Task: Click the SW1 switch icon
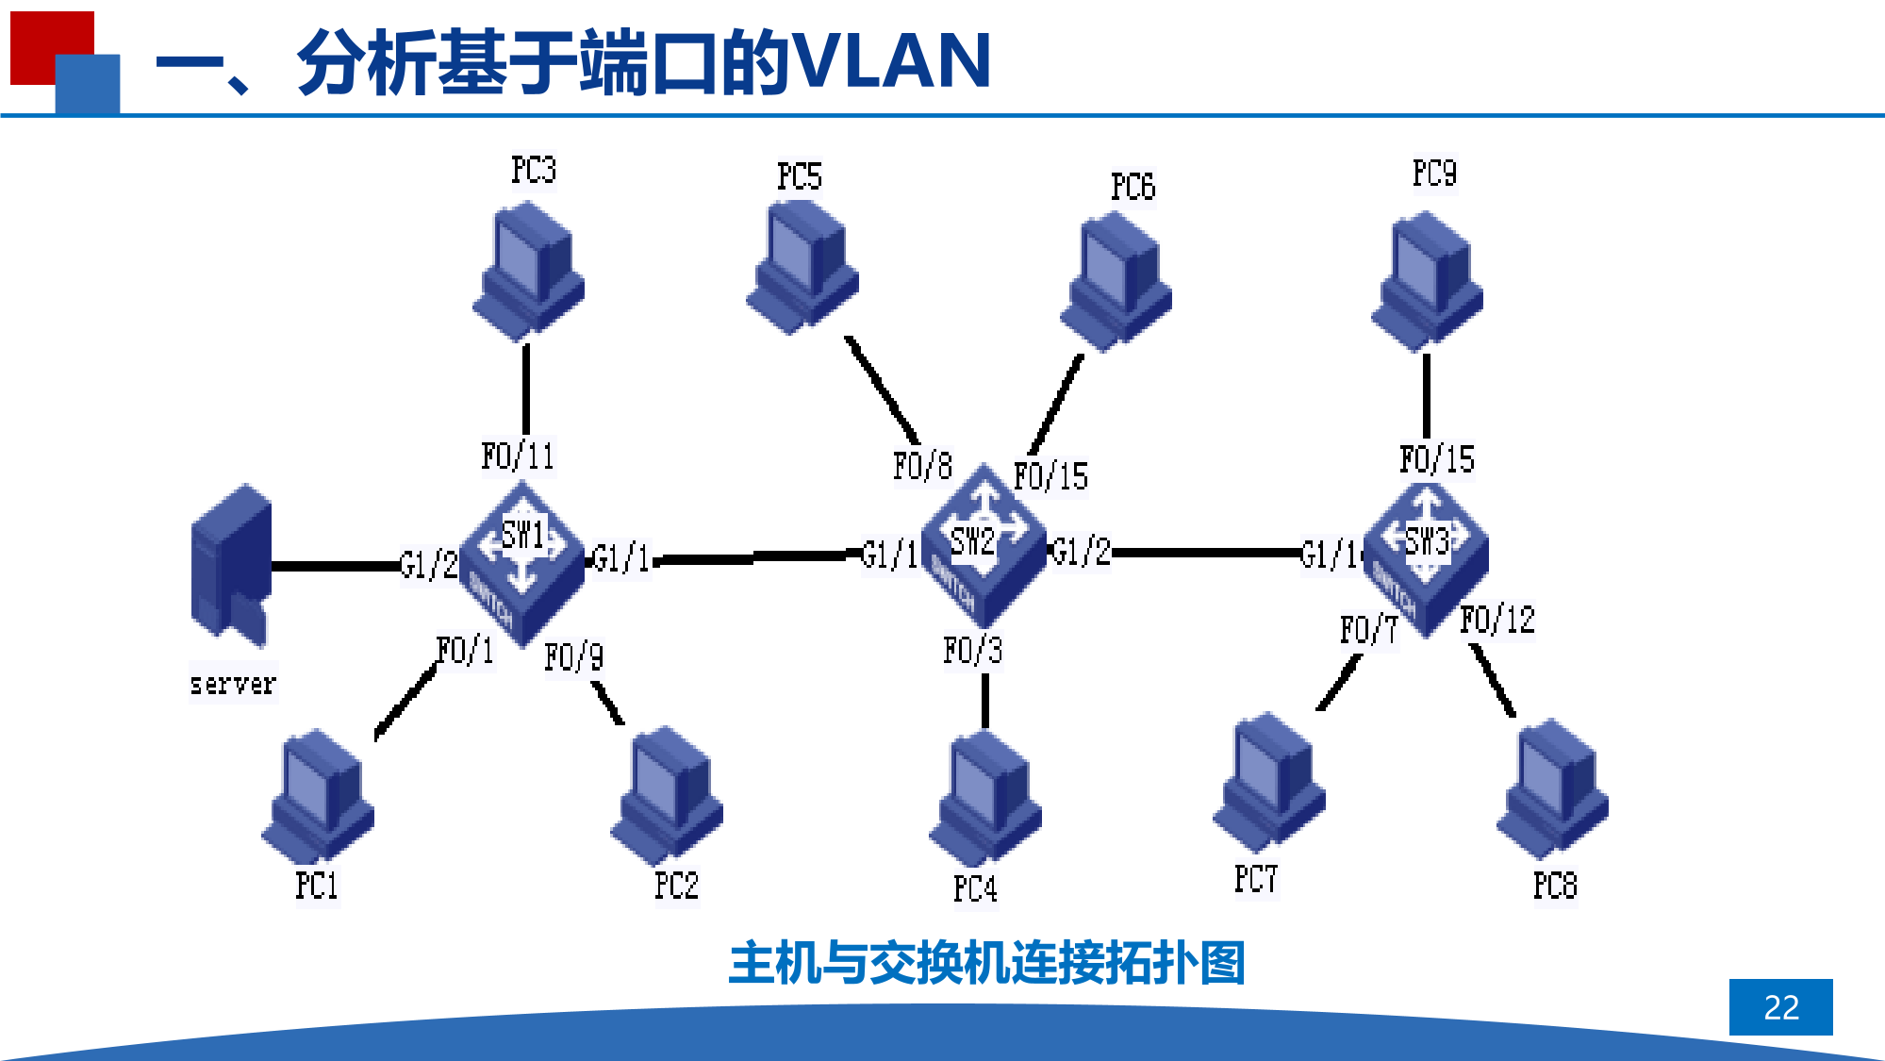click(521, 563)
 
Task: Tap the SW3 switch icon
click(1427, 558)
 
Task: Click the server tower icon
click(231, 566)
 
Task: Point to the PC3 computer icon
click(529, 272)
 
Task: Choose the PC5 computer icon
click(802, 268)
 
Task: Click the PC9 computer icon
click(1428, 281)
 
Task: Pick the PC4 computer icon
click(985, 798)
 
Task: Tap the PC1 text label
click(316, 886)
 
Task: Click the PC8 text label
click(1554, 886)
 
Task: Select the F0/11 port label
click(518, 456)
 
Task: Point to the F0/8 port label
click(922, 466)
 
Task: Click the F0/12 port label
click(1497, 621)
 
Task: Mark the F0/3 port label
click(972, 651)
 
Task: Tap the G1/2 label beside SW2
click(1081, 552)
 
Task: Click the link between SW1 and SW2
click(754, 557)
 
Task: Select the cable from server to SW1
click(335, 566)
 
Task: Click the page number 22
click(1780, 1007)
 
